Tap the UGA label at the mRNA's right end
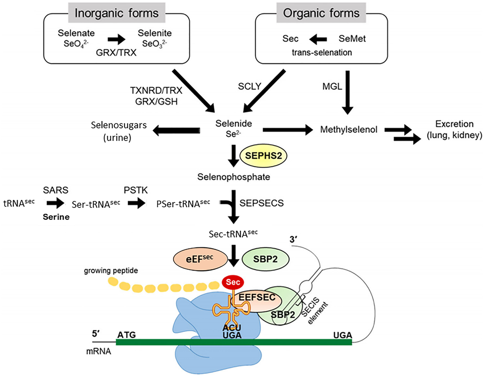pyautogui.click(x=342, y=334)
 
